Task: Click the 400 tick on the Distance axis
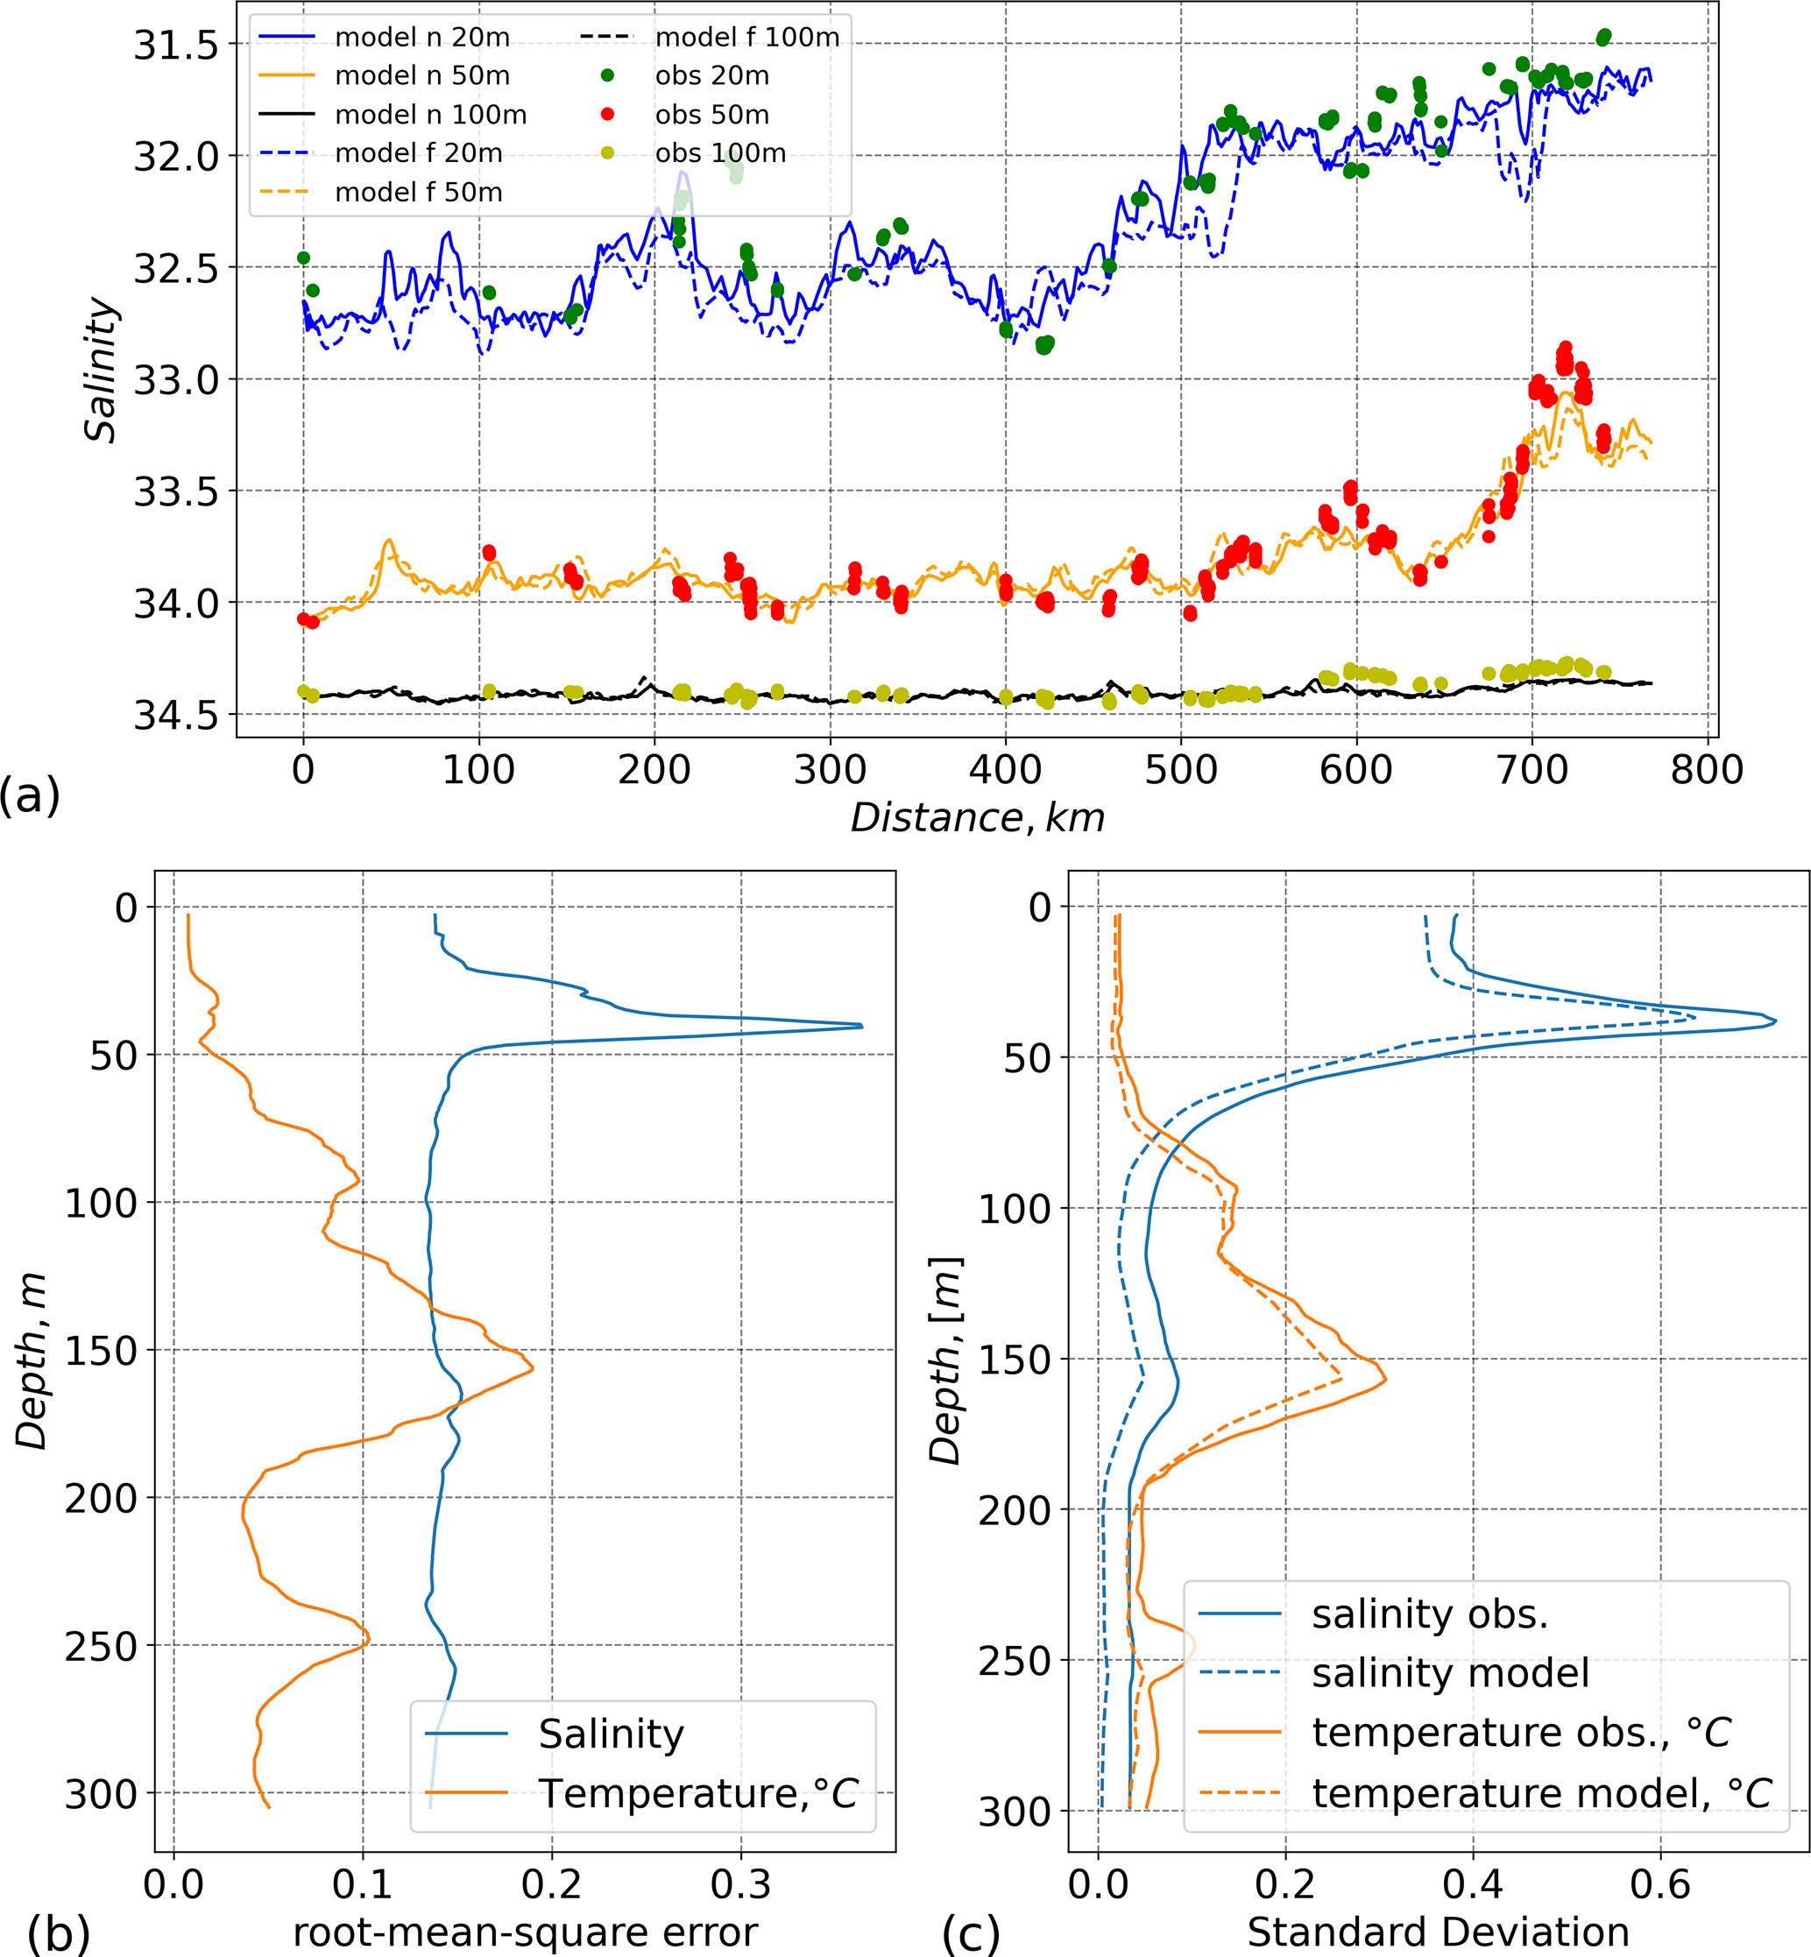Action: pyautogui.click(x=1006, y=770)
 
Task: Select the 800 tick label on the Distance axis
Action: pyautogui.click(x=1707, y=770)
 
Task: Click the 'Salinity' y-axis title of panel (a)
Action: pyautogui.click(x=100, y=371)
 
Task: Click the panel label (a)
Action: pyautogui.click(x=30, y=795)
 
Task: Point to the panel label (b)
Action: pyautogui.click(x=58, y=1933)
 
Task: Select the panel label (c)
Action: pyautogui.click(x=970, y=1933)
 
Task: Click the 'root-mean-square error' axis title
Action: pyautogui.click(x=526, y=1932)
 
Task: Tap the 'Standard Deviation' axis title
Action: pyautogui.click(x=1438, y=1932)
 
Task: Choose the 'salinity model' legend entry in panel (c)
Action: pyautogui.click(x=1450, y=1673)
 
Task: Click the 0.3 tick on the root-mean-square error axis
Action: pyautogui.click(x=741, y=1883)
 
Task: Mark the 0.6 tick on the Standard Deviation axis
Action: pyautogui.click(x=1660, y=1883)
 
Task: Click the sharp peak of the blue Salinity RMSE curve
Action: pyautogui.click(x=861, y=1026)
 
